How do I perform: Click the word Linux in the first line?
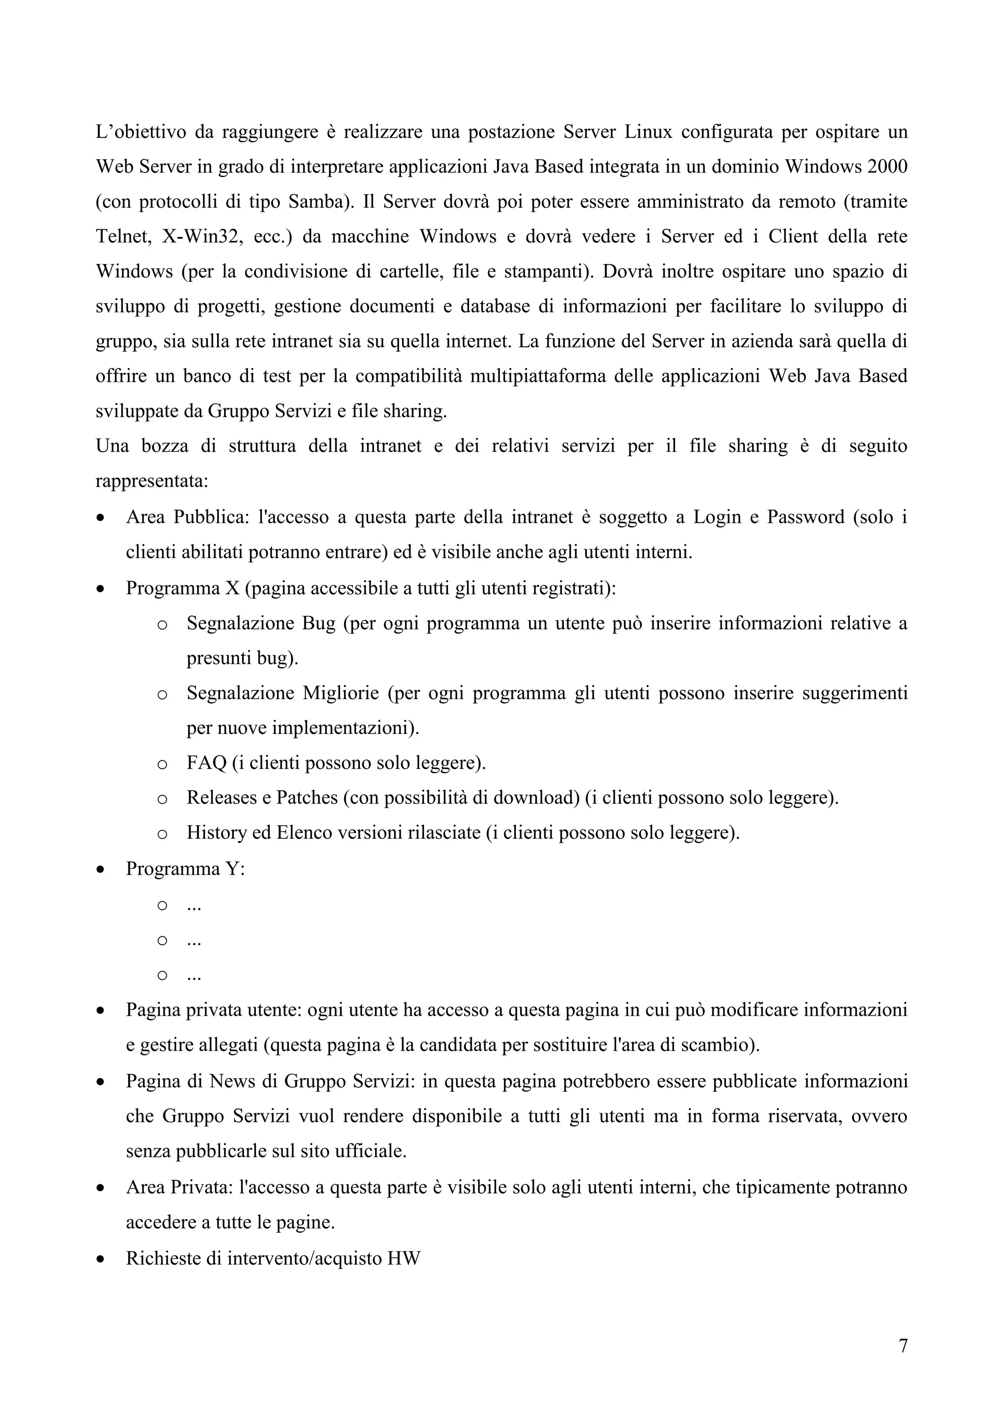(x=648, y=132)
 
